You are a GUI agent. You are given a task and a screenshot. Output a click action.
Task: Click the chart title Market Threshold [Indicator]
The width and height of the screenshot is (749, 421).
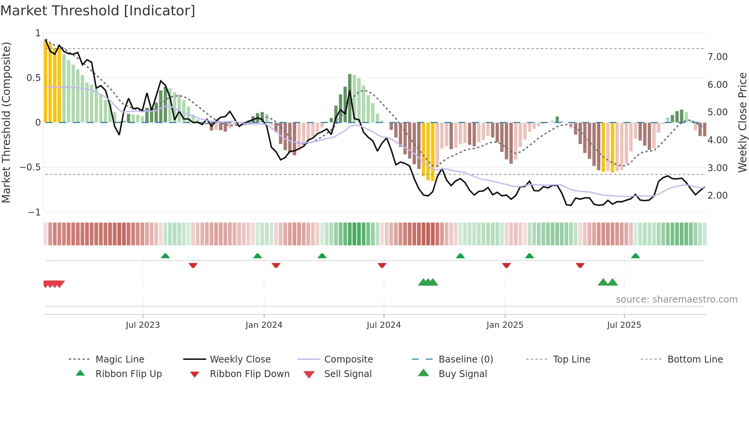(98, 11)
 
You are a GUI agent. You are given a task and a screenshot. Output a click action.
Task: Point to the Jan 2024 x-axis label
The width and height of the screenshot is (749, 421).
(264, 325)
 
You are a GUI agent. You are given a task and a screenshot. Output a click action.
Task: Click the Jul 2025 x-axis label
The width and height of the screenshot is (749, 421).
(624, 325)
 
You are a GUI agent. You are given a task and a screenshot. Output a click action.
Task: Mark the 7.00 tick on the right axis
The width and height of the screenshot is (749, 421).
(717, 57)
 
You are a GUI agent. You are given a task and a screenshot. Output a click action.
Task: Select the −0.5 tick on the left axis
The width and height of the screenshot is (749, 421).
(30, 167)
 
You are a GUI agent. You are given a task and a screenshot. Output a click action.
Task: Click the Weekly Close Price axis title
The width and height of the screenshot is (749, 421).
(742, 122)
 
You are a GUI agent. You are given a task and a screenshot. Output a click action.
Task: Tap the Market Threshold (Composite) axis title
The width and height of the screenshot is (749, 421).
(6, 122)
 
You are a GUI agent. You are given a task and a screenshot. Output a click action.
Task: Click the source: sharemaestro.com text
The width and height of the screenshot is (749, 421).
(676, 300)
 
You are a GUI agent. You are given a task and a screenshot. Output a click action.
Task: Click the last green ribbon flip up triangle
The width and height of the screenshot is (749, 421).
(635, 256)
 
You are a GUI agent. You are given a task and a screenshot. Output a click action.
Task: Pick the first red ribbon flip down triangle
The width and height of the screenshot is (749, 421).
(193, 265)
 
